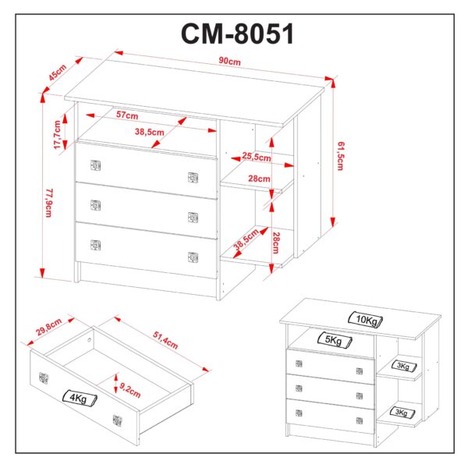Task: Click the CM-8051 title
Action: tap(238, 34)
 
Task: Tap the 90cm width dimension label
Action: tap(229, 61)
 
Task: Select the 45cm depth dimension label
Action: tap(58, 73)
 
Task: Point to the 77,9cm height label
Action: tap(49, 203)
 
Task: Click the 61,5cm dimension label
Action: tap(341, 156)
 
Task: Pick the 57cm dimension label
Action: tap(127, 115)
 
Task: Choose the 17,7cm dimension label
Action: tap(57, 135)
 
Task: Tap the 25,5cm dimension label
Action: tap(257, 157)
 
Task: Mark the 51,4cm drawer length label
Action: tap(165, 340)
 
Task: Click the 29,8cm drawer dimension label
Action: tap(48, 327)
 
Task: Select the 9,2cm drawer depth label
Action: tap(130, 390)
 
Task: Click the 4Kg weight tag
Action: tap(80, 398)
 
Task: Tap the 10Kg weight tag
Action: tap(366, 320)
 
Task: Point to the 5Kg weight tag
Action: tap(335, 340)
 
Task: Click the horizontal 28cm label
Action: tap(259, 179)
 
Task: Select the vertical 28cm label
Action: tap(276, 243)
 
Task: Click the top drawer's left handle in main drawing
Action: tap(95, 165)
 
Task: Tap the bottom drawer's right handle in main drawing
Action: tap(193, 257)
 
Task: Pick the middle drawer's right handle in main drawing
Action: tap(193, 218)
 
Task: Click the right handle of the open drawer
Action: tap(117, 420)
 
